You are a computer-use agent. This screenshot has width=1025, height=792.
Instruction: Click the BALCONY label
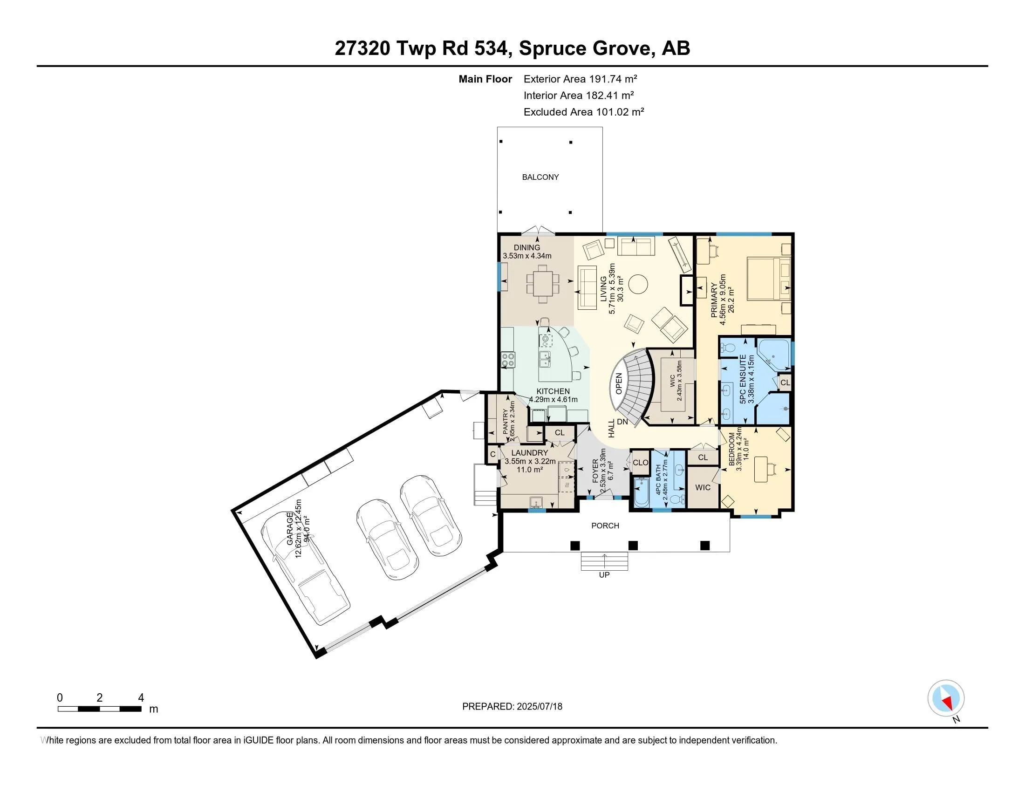[540, 177]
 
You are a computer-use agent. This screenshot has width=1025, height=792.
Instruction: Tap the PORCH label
[605, 526]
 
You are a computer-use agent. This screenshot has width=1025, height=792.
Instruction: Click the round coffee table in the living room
[638, 283]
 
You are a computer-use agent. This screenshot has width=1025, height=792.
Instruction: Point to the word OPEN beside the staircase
[619, 383]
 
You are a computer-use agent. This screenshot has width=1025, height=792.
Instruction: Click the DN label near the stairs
[622, 422]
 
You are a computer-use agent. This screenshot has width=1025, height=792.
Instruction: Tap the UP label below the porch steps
[604, 575]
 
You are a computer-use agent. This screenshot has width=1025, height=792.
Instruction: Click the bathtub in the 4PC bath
[641, 492]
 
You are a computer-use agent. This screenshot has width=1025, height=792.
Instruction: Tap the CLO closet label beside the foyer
[640, 463]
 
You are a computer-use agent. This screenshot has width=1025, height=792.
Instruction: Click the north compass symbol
[946, 698]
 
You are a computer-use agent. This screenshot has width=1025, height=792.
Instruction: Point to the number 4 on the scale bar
[141, 698]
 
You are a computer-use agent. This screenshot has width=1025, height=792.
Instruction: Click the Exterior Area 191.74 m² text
[580, 79]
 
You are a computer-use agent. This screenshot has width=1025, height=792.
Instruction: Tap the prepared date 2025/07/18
[539, 707]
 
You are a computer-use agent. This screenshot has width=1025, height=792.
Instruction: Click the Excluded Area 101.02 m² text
[584, 112]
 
